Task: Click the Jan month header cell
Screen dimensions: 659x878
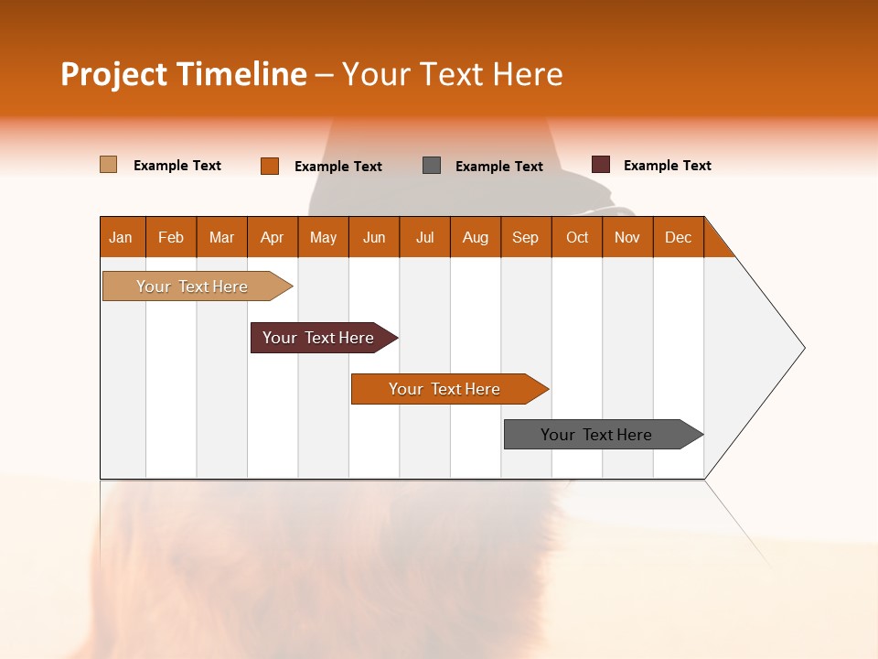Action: point(122,237)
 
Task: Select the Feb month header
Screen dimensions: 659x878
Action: point(171,237)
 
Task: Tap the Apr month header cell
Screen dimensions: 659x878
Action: point(273,237)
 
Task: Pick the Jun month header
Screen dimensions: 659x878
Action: point(374,237)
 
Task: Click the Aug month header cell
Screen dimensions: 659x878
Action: point(476,237)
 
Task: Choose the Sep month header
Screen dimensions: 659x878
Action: point(526,237)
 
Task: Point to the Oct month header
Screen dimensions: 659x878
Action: point(577,237)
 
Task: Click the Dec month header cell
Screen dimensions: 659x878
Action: point(679,237)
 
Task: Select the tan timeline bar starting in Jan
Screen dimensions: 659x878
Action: point(193,286)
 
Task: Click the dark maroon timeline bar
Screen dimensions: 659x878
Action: point(319,338)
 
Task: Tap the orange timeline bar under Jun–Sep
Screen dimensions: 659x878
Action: point(445,389)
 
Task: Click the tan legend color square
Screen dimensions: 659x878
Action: point(108,165)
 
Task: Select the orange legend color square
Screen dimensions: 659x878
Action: point(270,166)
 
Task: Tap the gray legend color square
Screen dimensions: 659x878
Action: point(432,165)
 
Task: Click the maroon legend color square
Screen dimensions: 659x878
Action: point(600,165)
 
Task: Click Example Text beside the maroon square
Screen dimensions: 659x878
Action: point(668,166)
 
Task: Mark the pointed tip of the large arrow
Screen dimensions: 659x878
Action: point(803,348)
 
